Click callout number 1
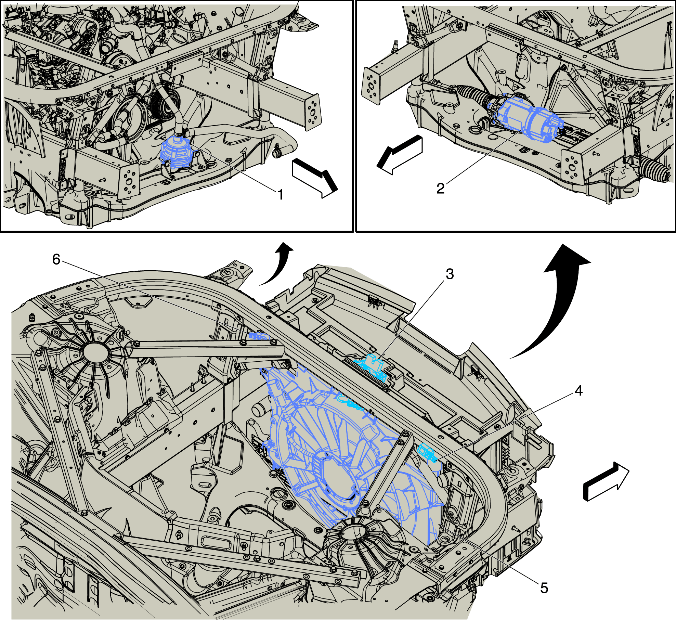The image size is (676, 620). tap(281, 195)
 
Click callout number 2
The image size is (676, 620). tap(440, 188)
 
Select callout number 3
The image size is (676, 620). tap(450, 274)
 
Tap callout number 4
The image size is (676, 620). tap(578, 390)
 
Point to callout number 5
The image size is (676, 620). tap(544, 588)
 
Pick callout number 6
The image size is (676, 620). tap(56, 259)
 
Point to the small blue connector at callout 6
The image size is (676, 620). tap(259, 336)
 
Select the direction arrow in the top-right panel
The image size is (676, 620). tap(400, 154)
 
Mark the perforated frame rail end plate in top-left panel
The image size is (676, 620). tap(313, 112)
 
